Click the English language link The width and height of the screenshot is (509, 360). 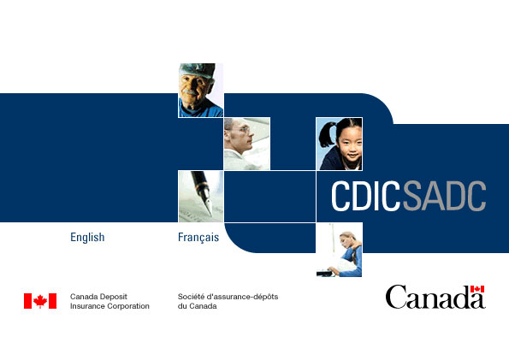(87, 238)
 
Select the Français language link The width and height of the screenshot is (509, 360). (198, 238)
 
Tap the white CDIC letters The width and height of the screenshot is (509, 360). (366, 196)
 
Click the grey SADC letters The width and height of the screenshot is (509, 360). (444, 196)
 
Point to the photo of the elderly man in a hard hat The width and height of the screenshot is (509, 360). (201, 91)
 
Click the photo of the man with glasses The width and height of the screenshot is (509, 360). (247, 144)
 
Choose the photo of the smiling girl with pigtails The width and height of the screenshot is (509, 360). (340, 144)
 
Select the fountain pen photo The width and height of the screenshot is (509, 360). (201, 197)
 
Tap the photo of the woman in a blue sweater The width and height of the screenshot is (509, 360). (340, 250)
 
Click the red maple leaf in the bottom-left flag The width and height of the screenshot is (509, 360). (40, 301)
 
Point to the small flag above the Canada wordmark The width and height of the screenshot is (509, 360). (477, 289)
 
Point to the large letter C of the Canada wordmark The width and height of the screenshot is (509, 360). (396, 297)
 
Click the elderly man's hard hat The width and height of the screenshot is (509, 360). (197, 70)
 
